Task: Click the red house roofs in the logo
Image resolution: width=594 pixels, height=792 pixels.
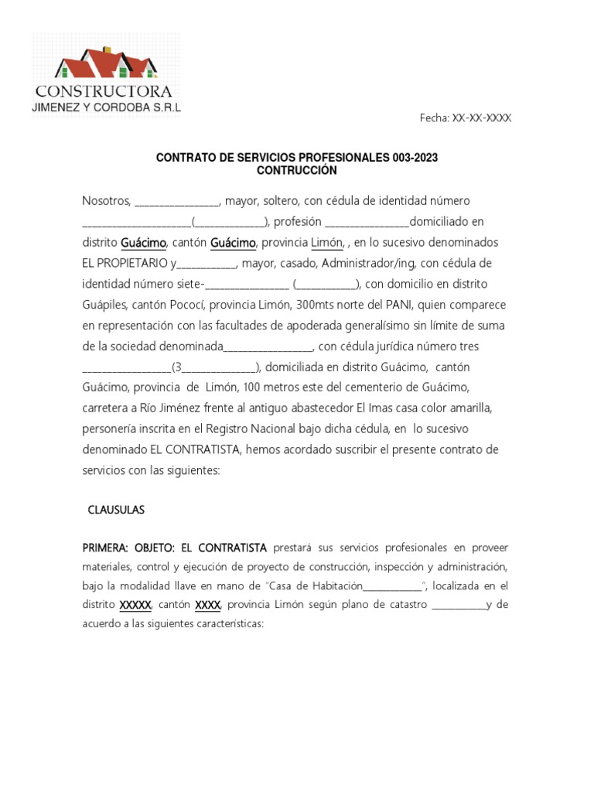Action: (x=104, y=63)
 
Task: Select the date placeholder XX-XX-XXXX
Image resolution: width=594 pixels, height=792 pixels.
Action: (x=482, y=118)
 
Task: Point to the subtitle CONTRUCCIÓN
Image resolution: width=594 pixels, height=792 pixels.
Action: (x=297, y=170)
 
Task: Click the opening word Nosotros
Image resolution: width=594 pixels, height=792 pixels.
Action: (x=107, y=200)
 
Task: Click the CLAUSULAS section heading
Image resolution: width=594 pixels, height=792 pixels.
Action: (x=116, y=510)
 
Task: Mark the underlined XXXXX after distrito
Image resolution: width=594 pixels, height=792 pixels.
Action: (x=136, y=604)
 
